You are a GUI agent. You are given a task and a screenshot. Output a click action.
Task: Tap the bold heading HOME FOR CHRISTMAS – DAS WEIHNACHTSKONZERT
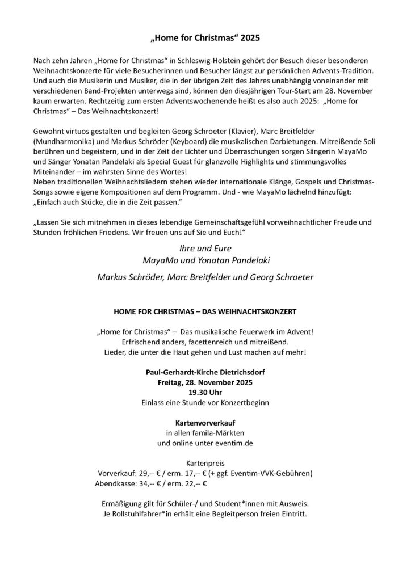coord(204,312)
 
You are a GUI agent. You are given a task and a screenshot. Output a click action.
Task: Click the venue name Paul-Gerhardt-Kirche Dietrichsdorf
coord(204,373)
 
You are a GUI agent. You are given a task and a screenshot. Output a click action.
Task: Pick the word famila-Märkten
coord(215,433)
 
